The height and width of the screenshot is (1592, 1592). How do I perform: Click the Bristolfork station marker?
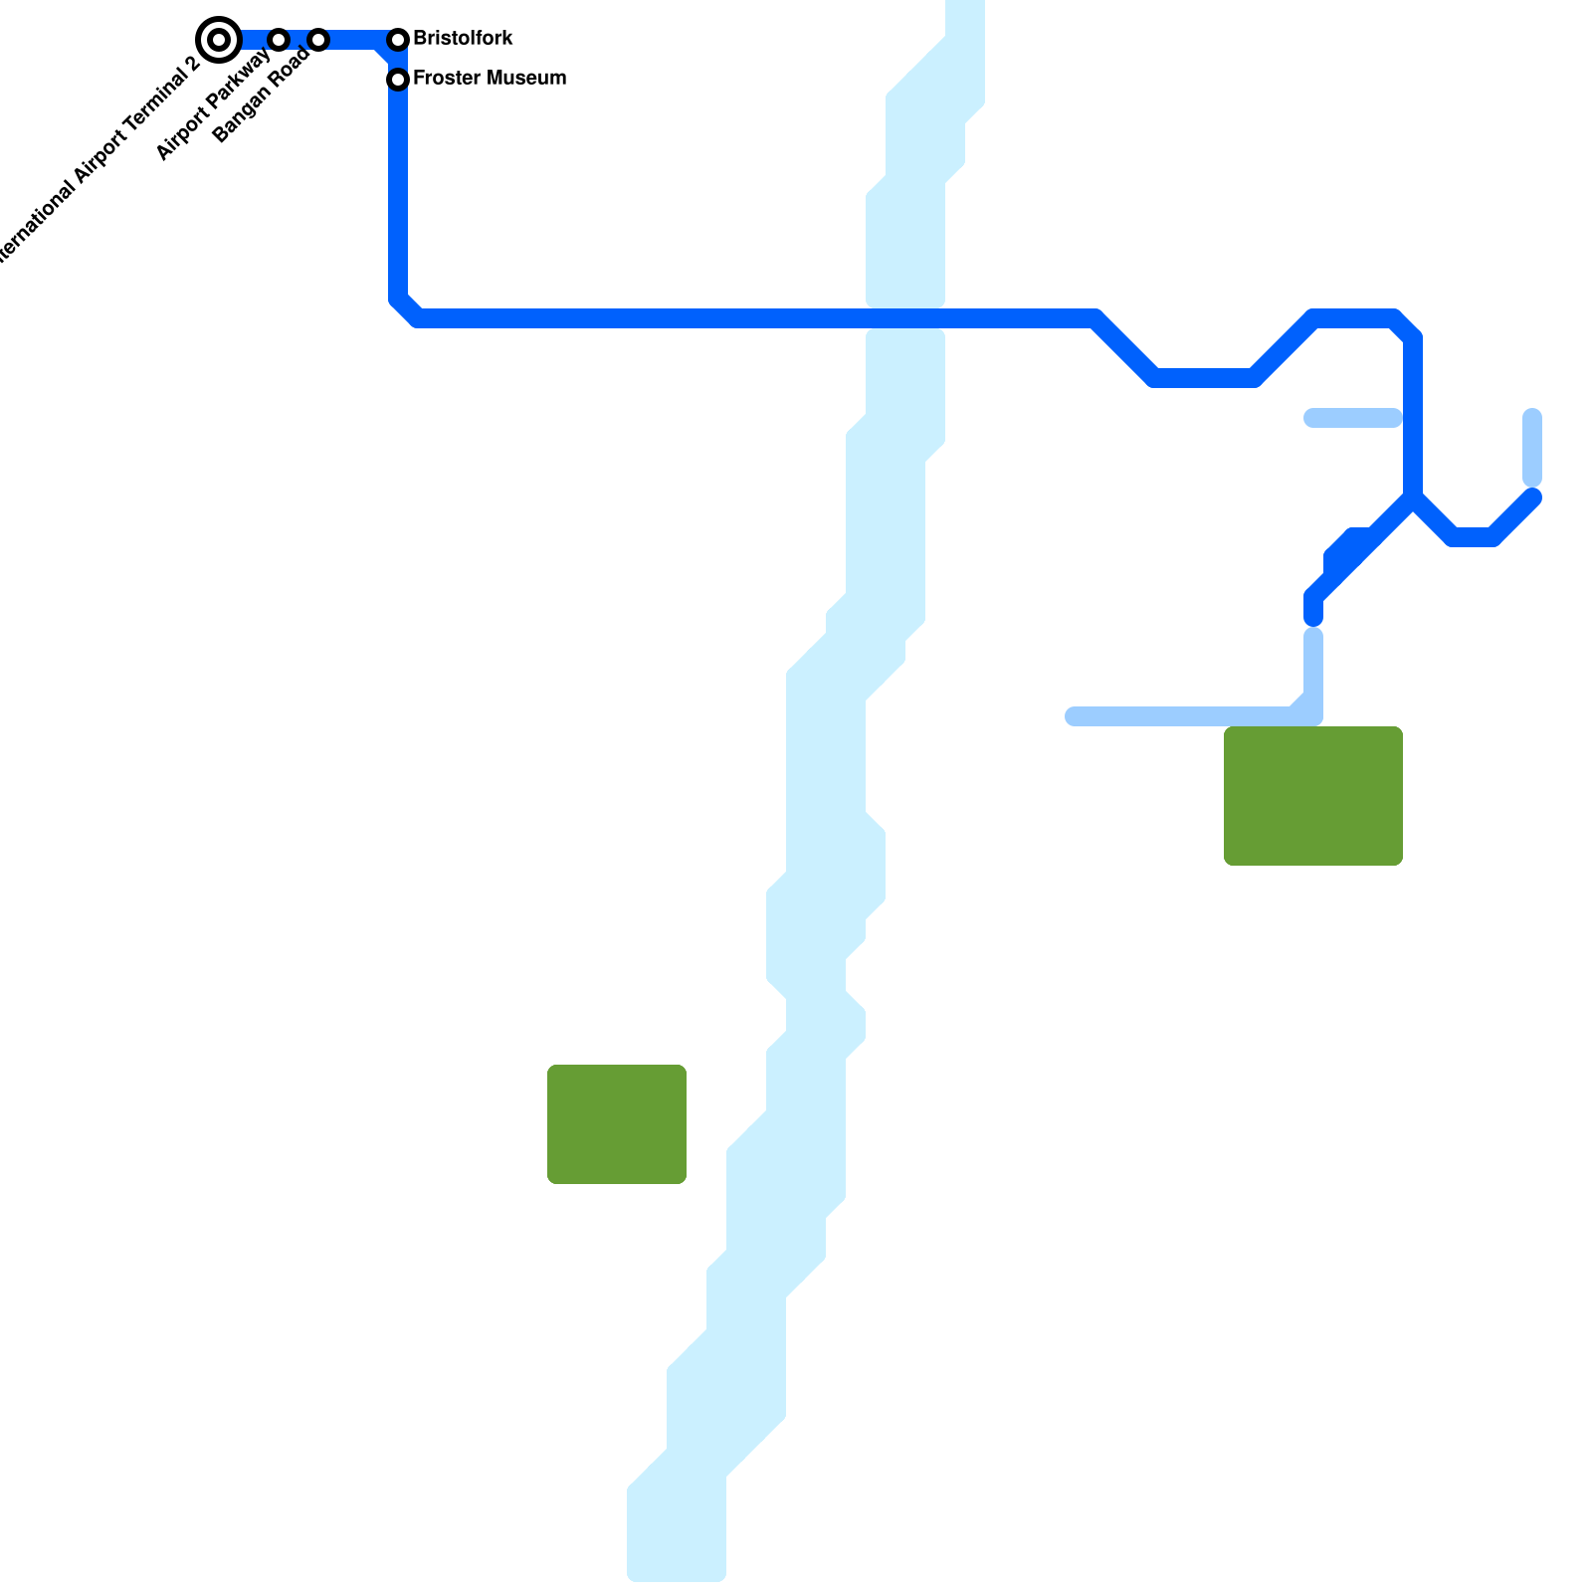pyautogui.click(x=398, y=40)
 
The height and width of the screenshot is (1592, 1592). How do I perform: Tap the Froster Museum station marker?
pyautogui.click(x=398, y=79)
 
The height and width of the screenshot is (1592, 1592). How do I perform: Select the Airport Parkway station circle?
pyautogui.click(x=279, y=40)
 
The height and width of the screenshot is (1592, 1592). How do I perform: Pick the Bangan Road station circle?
pyautogui.click(x=318, y=40)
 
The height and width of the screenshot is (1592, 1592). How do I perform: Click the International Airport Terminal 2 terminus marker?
pyautogui.click(x=219, y=40)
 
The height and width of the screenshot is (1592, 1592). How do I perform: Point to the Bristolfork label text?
pyautogui.click(x=463, y=39)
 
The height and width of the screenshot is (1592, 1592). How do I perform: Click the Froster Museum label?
pyautogui.click(x=490, y=78)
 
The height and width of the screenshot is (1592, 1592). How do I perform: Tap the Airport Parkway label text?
pyautogui.click(x=213, y=103)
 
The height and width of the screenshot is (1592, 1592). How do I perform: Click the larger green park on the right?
pyautogui.click(x=1313, y=796)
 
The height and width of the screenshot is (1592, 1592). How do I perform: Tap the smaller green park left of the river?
pyautogui.click(x=617, y=1124)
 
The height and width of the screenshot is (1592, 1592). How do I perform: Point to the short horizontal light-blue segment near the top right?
pyautogui.click(x=1353, y=418)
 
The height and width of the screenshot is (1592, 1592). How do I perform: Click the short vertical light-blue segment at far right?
pyautogui.click(x=1532, y=448)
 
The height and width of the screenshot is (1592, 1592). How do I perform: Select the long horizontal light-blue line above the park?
pyautogui.click(x=1184, y=716)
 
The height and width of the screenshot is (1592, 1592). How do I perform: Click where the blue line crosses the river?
pyautogui.click(x=905, y=319)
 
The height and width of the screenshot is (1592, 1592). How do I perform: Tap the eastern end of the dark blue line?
pyautogui.click(x=1532, y=497)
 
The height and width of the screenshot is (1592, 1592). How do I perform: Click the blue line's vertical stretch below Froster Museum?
pyautogui.click(x=398, y=189)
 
